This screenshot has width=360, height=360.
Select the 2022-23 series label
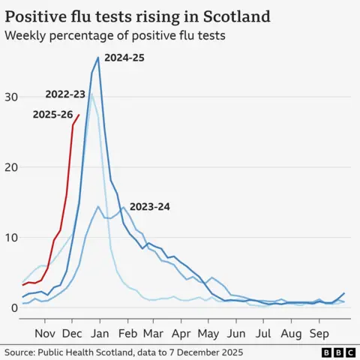tap(65, 94)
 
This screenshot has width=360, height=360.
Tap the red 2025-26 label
tap(52, 114)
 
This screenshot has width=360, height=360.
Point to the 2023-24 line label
tap(149, 206)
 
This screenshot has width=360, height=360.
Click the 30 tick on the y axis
tap(9, 97)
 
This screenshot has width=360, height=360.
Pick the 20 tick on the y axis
tap(9, 167)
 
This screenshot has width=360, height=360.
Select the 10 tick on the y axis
tap(9, 238)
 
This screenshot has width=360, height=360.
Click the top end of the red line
tap(79, 115)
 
